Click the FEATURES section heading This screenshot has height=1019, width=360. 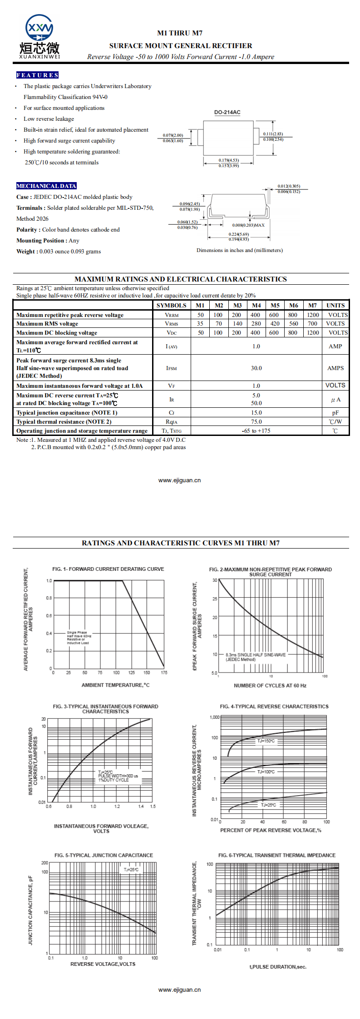click(37, 75)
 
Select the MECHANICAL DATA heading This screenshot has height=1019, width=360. click(46, 186)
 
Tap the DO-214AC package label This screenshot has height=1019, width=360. click(227, 112)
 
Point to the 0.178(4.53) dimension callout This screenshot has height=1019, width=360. click(228, 160)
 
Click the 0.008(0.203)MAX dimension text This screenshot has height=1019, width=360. click(248, 225)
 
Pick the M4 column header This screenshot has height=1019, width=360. click(256, 306)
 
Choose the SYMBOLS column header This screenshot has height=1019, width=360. click(171, 306)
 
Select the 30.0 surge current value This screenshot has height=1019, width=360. click(256, 368)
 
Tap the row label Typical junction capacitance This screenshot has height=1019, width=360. click(67, 413)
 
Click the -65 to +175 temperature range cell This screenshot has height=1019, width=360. click(256, 431)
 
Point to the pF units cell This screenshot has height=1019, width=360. click(335, 413)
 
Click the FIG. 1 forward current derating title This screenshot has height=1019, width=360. click(108, 569)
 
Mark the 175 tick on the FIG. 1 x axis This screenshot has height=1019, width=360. click(164, 673)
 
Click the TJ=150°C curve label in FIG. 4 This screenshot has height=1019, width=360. click(266, 741)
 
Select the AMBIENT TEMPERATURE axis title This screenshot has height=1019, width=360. click(115, 685)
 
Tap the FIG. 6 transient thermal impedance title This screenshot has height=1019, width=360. click(276, 855)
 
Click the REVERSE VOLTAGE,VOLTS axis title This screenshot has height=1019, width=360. click(103, 964)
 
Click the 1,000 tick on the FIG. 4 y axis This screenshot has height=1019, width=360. click(214, 717)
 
